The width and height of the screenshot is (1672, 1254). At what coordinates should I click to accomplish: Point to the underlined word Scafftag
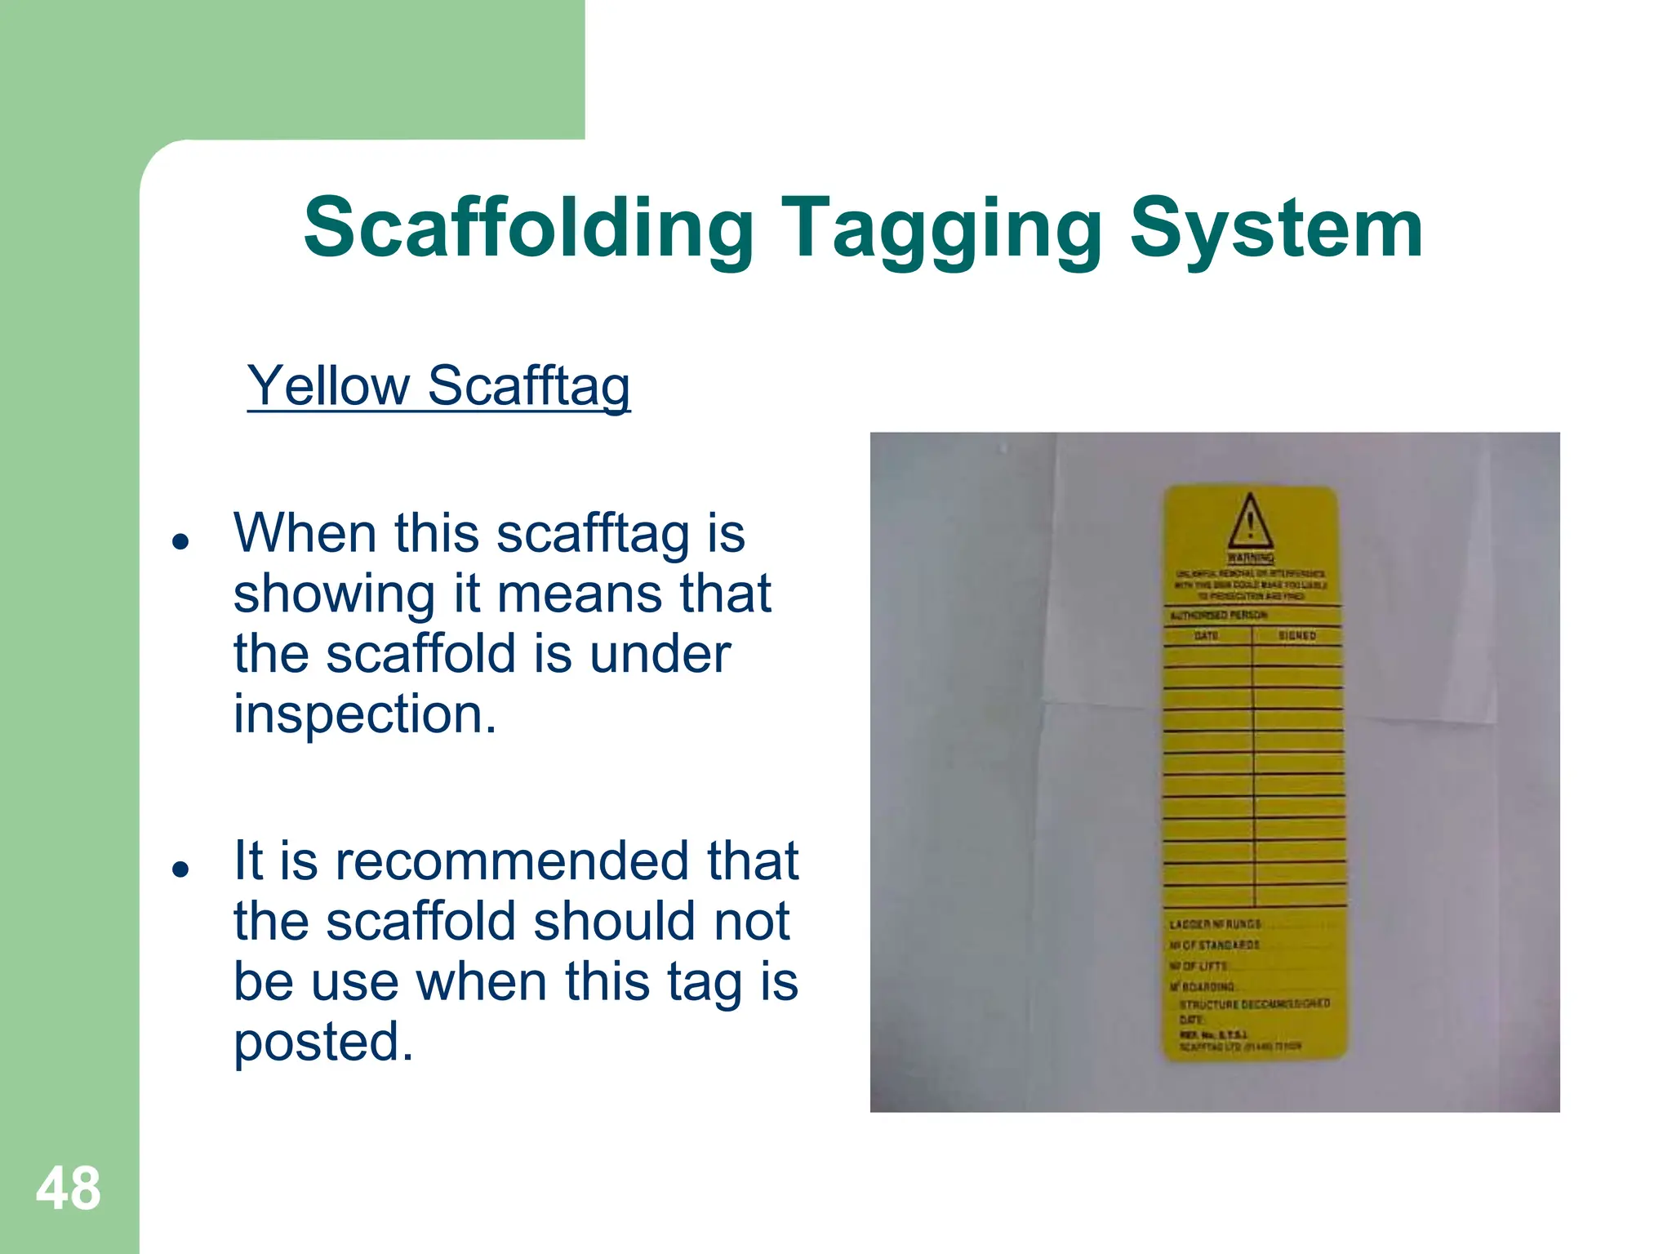pos(528,386)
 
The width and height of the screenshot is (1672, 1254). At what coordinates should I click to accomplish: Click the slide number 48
pos(69,1189)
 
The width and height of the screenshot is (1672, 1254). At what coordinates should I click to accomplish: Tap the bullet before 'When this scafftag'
pos(181,541)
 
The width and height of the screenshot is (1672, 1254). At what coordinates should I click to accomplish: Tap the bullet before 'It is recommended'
pos(181,869)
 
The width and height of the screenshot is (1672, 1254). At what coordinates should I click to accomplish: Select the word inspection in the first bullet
pos(365,714)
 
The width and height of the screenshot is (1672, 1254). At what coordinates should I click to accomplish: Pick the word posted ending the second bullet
pos(323,1043)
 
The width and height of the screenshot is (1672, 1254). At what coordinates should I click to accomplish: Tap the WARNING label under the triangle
pos(1251,558)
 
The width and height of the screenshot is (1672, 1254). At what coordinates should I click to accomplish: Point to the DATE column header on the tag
pos(1206,635)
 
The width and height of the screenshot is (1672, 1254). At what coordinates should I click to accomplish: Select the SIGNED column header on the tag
pos(1296,635)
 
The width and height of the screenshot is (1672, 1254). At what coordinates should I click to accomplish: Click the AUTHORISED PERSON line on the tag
pos(1219,615)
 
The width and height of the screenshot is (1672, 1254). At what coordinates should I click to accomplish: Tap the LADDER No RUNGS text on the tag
pos(1215,924)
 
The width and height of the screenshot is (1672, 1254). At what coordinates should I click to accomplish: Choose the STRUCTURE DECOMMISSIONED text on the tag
pos(1254,1003)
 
